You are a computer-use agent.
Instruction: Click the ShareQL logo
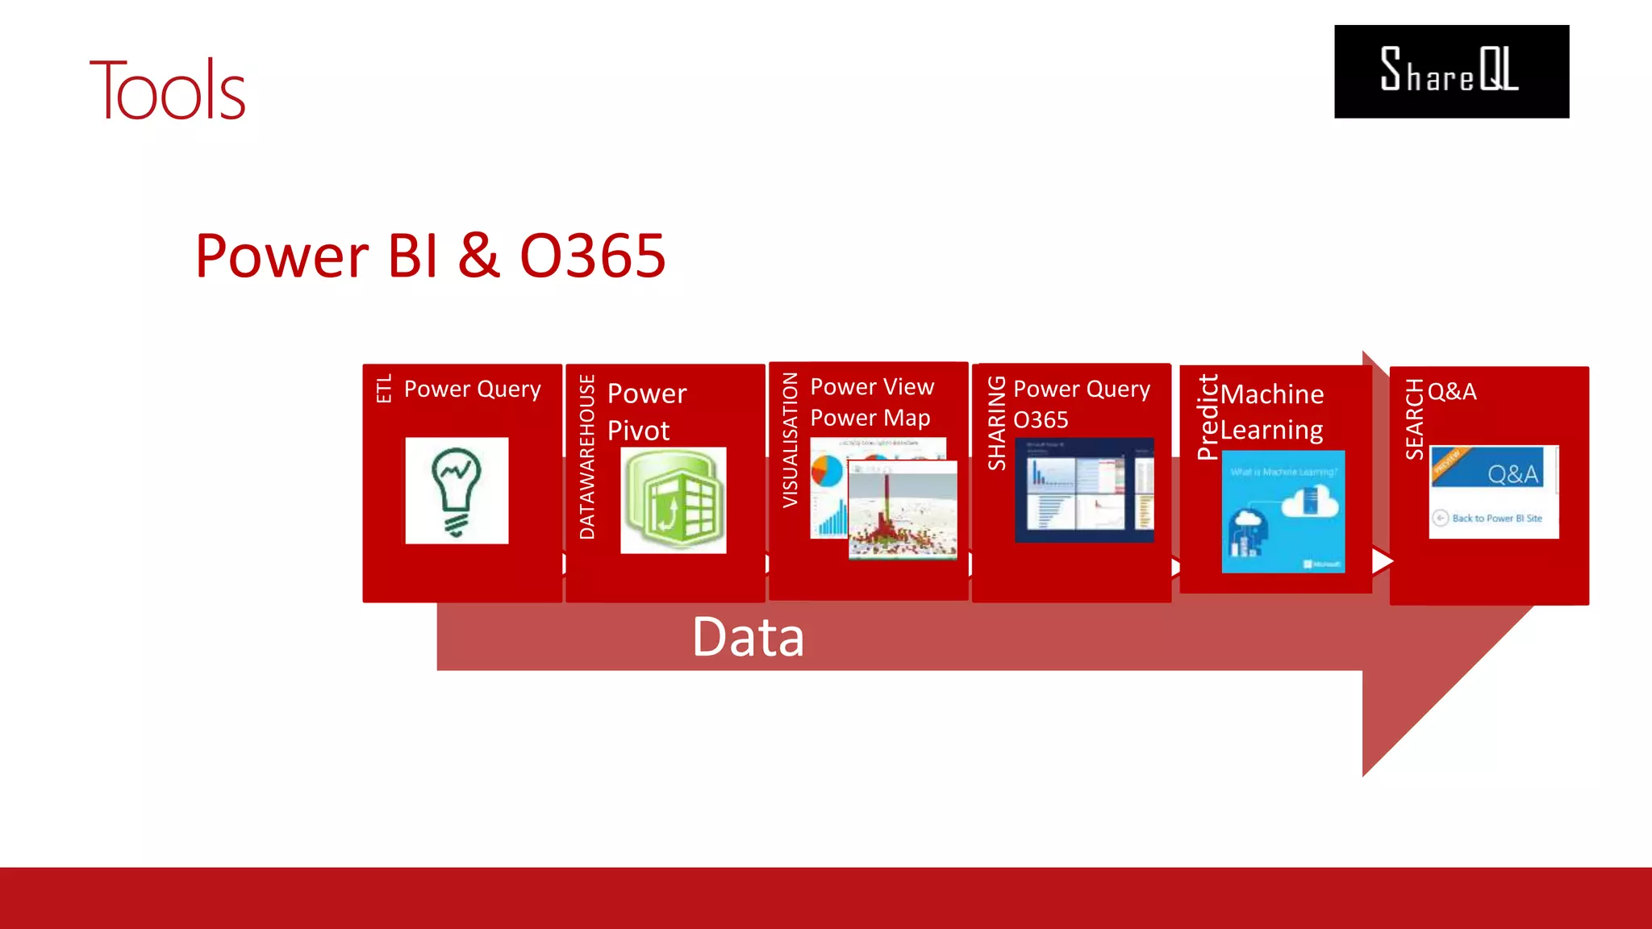(x=1451, y=72)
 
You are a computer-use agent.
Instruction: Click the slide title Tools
(x=167, y=90)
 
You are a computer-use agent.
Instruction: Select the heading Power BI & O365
(x=430, y=256)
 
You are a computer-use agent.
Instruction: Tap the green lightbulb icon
(x=457, y=490)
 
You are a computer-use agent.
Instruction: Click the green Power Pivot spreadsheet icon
(x=674, y=500)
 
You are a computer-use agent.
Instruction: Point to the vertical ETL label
(x=384, y=388)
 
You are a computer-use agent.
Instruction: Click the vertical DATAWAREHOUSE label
(x=587, y=456)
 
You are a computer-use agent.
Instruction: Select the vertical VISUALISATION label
(x=791, y=440)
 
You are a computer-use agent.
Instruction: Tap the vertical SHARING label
(x=997, y=423)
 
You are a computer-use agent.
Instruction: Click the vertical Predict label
(x=1208, y=417)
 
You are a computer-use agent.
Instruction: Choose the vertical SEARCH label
(x=1415, y=419)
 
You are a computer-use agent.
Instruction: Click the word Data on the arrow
(x=748, y=637)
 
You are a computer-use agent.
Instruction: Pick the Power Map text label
(x=870, y=418)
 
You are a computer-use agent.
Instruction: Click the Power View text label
(x=872, y=387)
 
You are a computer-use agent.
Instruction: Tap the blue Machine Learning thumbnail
(x=1283, y=511)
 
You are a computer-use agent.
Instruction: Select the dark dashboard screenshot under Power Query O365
(x=1084, y=490)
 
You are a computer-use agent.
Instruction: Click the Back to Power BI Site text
(x=1496, y=519)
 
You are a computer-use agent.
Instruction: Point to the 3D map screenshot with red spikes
(x=903, y=510)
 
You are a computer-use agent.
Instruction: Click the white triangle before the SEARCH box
(x=1382, y=560)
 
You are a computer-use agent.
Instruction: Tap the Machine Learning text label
(x=1272, y=412)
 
